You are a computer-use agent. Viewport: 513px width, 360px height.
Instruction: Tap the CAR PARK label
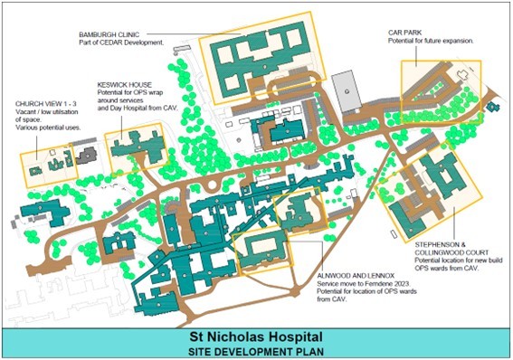[x=408, y=33]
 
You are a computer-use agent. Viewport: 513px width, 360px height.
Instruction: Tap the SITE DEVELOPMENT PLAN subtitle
[x=256, y=348]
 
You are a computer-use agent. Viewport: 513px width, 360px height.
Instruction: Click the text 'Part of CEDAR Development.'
[x=121, y=43]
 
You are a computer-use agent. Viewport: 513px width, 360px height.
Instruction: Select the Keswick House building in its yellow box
[x=134, y=143]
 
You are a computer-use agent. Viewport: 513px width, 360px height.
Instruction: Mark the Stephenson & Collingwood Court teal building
[x=444, y=185]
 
